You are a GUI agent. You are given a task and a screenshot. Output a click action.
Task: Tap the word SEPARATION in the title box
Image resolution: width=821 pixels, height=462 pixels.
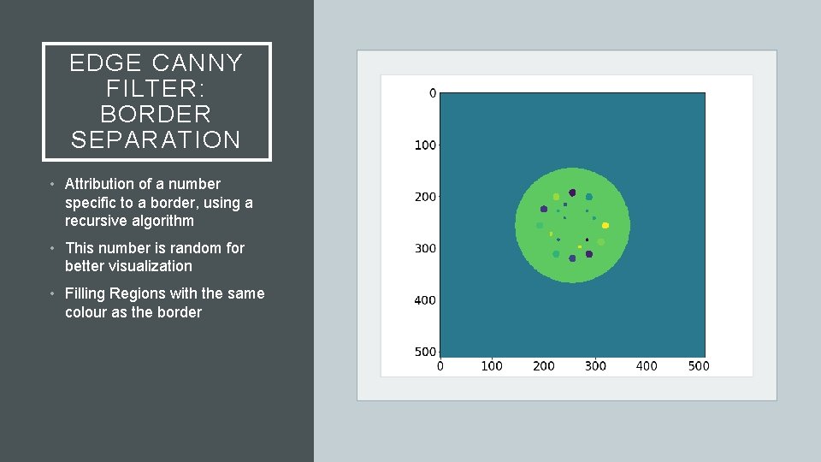157,139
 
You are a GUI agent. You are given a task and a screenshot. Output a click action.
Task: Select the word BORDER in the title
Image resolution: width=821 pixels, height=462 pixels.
157,114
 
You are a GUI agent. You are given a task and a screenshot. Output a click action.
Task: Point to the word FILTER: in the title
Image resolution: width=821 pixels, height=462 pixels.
157,88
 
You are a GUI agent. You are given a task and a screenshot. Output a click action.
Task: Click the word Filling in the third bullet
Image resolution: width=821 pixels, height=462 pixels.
84,293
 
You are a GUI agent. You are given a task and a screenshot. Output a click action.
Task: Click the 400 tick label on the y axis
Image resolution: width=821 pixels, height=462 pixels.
425,300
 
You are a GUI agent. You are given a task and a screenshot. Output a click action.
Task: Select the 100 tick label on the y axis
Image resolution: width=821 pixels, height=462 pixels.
425,145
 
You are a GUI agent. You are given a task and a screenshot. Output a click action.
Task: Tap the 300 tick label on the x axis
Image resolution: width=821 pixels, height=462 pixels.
595,366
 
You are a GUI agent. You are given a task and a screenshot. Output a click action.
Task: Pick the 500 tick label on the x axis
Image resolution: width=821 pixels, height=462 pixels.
699,366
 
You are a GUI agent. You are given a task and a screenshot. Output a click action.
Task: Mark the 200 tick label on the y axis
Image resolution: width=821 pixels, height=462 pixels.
425,197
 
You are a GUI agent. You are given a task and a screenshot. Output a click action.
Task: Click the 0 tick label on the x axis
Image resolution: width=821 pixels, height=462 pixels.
440,366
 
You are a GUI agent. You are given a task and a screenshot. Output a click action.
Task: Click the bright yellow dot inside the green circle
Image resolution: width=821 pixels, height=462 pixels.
605,226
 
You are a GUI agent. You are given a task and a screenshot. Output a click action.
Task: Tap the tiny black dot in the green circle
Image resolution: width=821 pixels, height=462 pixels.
588,239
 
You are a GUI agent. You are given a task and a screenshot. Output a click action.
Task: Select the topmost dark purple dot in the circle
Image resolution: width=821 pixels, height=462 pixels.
572,192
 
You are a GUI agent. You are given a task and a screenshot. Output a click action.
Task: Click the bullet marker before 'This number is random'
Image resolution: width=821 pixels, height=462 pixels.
52,249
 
